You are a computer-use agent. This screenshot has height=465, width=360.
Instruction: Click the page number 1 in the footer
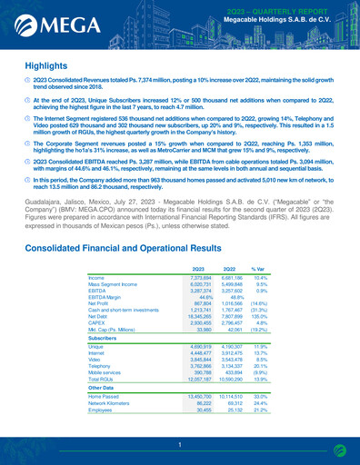(x=180, y=445)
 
